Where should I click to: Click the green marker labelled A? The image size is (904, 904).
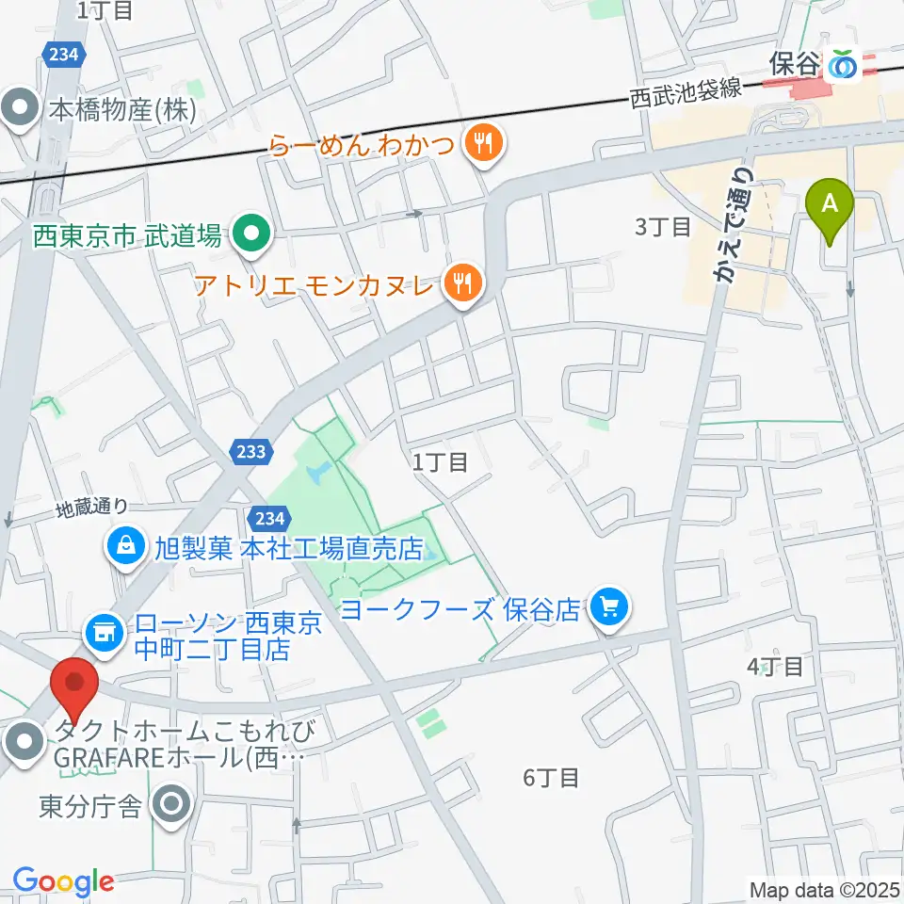pos(830,204)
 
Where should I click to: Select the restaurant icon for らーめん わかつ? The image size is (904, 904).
pos(485,144)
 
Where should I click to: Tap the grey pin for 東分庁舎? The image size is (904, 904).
pos(172,805)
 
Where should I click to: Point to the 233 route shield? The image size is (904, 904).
pos(250,451)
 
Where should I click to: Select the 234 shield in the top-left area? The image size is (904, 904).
pos(61,55)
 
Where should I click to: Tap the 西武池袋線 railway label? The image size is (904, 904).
pos(686,94)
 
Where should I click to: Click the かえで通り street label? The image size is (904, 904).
pos(735,226)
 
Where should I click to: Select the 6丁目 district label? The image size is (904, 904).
pos(551,777)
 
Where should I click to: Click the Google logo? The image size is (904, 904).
pos(63,881)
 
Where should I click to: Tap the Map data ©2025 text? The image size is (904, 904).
pos(824,889)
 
